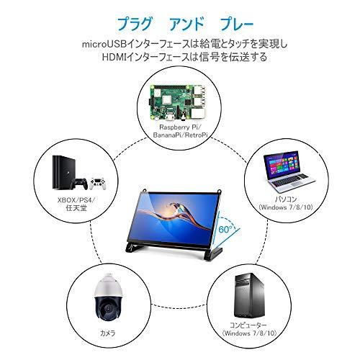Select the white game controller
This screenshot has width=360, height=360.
coord(97,183)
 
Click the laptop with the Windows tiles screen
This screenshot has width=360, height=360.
coord(288,171)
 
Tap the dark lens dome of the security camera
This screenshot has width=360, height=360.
coord(108,307)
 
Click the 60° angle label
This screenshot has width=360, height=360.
coord(225,229)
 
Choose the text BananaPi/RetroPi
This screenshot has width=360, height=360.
coord(180,135)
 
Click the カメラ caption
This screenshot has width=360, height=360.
coord(108,333)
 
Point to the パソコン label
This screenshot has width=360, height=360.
coord(286,199)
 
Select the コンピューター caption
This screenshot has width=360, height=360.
coord(248,325)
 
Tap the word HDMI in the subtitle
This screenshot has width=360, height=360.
coord(114,58)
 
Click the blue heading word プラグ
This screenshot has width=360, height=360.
coord(135,24)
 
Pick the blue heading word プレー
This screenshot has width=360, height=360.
coord(237,24)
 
